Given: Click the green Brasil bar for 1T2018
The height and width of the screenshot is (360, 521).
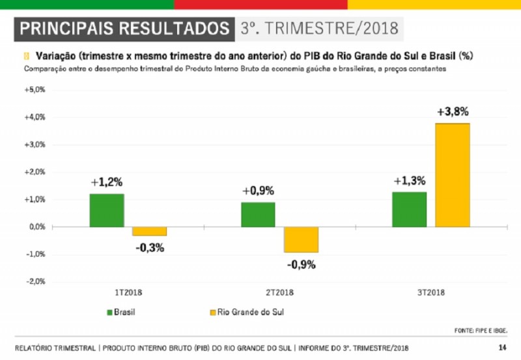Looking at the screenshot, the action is tap(107, 210).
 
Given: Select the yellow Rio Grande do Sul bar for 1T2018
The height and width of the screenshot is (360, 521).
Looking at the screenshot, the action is tap(150, 232).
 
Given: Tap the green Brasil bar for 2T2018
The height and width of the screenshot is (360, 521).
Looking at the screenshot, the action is tap(258, 215).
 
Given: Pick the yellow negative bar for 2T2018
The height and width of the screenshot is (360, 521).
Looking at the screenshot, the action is tap(301, 240).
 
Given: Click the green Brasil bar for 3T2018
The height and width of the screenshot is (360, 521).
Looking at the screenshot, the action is tap(410, 210).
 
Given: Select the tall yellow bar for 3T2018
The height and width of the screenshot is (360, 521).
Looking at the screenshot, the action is tap(453, 175).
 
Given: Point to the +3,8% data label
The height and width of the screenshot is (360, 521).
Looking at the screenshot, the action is tap(453, 112).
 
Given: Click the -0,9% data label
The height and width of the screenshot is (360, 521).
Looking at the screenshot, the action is tap(302, 265).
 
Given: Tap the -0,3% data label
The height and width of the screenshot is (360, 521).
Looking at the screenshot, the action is tap(150, 248).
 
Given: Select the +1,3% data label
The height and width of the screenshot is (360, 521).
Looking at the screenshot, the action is tap(410, 181).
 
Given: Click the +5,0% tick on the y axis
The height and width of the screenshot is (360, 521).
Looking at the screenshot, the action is tap(35, 90).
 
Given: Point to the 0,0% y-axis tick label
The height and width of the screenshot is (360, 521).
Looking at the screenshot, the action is tap(37, 227).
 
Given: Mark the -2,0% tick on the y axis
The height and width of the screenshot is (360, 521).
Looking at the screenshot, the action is tap(36, 282).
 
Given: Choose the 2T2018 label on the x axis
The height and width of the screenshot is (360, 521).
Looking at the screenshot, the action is tap(279, 292).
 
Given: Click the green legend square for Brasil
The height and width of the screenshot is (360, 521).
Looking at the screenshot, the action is tap(109, 312).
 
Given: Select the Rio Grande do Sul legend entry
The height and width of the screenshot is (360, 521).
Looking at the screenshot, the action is tap(247, 312).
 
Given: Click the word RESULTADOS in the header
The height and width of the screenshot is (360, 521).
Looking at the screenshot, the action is tap(174, 28).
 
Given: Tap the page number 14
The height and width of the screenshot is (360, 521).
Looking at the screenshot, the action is tap(502, 348).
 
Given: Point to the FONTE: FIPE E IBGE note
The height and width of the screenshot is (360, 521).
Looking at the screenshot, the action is tap(481, 331).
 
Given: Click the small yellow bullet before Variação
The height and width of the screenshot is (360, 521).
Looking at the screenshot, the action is tap(27, 56).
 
